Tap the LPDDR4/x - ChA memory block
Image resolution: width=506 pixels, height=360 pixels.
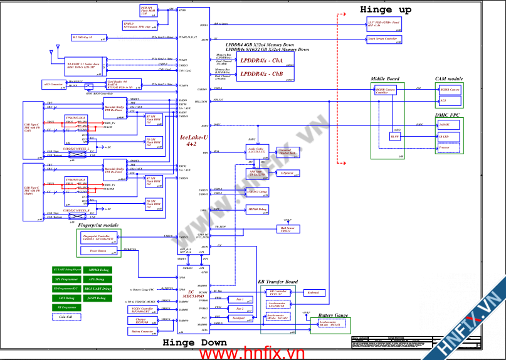click(268, 61)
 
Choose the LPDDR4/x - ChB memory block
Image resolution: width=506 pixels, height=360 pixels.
click(268, 75)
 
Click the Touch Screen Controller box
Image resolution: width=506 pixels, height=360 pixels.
click(383, 39)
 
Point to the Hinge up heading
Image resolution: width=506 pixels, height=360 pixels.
click(386, 10)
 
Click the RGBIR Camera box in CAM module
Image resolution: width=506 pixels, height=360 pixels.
click(451, 90)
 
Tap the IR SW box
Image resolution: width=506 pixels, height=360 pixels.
click(396, 136)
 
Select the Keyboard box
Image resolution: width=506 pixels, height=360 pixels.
click(313, 293)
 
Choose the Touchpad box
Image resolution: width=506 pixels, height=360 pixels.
click(238, 318)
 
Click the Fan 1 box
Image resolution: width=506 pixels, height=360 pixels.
click(238, 299)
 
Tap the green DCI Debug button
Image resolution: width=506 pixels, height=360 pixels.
click(66, 298)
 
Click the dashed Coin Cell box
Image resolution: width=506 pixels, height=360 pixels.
click(66, 317)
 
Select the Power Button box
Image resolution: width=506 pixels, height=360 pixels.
click(98, 250)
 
